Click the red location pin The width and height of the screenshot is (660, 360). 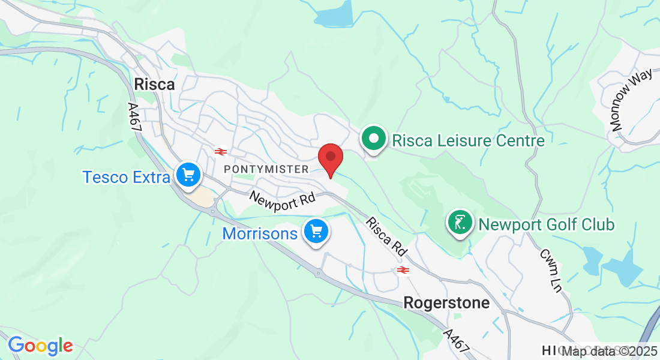point(330,158)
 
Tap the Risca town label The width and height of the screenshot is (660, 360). point(154,85)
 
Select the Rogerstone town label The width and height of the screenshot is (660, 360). point(446,303)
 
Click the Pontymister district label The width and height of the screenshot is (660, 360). point(266,169)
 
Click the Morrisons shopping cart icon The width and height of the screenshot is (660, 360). point(316,232)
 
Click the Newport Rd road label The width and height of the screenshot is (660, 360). point(282,201)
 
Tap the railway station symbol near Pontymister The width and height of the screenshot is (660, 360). point(220,151)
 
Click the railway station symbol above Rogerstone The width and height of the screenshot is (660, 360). point(403,270)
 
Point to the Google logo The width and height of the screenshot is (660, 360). point(40,346)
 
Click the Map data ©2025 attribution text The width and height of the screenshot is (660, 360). point(609,352)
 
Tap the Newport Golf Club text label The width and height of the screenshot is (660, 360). point(546,224)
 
